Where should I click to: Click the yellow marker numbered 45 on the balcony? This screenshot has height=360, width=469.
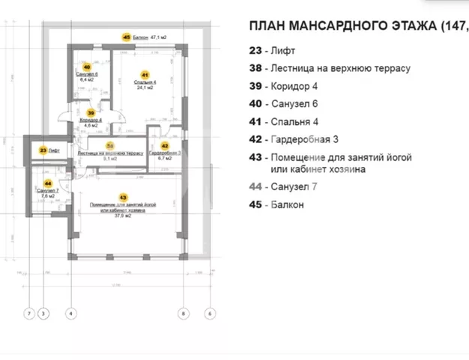(x=126, y=35)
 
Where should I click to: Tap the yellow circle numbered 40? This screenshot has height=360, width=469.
(x=87, y=67)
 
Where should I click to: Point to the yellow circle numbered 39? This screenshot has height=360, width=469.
(x=91, y=113)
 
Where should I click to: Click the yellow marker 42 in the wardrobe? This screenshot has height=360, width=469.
(x=164, y=147)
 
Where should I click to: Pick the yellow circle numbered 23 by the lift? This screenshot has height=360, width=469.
(x=43, y=150)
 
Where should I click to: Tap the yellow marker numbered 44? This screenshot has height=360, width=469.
(x=48, y=182)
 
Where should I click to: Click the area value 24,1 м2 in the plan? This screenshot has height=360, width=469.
(x=145, y=88)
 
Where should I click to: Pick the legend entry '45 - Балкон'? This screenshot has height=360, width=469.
(x=276, y=204)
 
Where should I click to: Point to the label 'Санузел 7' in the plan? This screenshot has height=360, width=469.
(x=48, y=192)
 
